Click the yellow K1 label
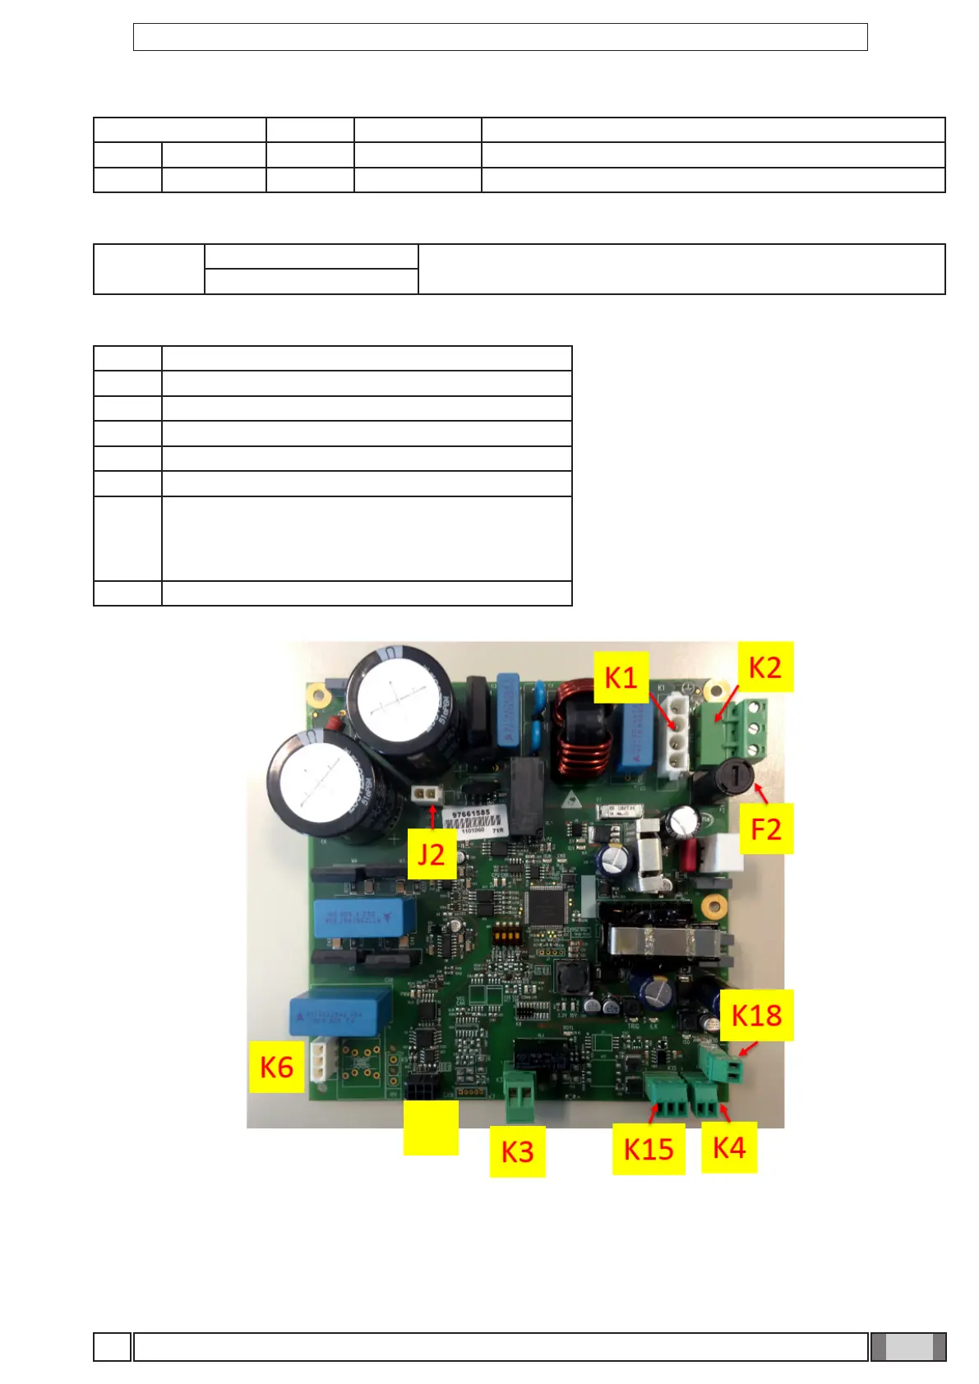[621, 677]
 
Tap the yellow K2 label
[765, 667]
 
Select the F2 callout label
[765, 828]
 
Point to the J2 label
[431, 855]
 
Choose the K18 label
[756, 1015]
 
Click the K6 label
[276, 1067]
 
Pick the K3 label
[517, 1151]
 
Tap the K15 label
[648, 1149]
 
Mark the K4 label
[728, 1147]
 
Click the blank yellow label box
[431, 1128]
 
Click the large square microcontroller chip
[547, 905]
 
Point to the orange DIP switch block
[506, 934]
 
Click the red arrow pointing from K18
[746, 1050]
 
